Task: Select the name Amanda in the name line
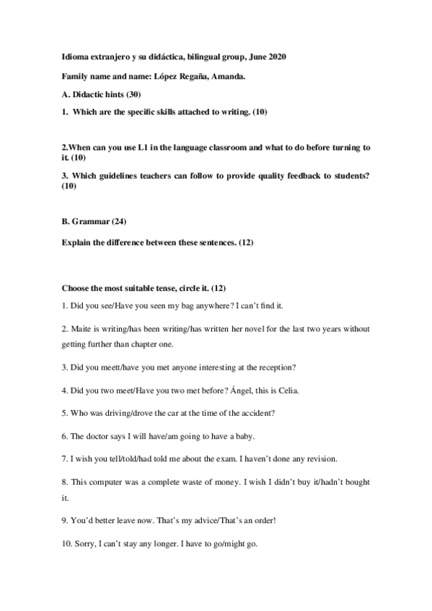229,76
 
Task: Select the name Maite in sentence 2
80,329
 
